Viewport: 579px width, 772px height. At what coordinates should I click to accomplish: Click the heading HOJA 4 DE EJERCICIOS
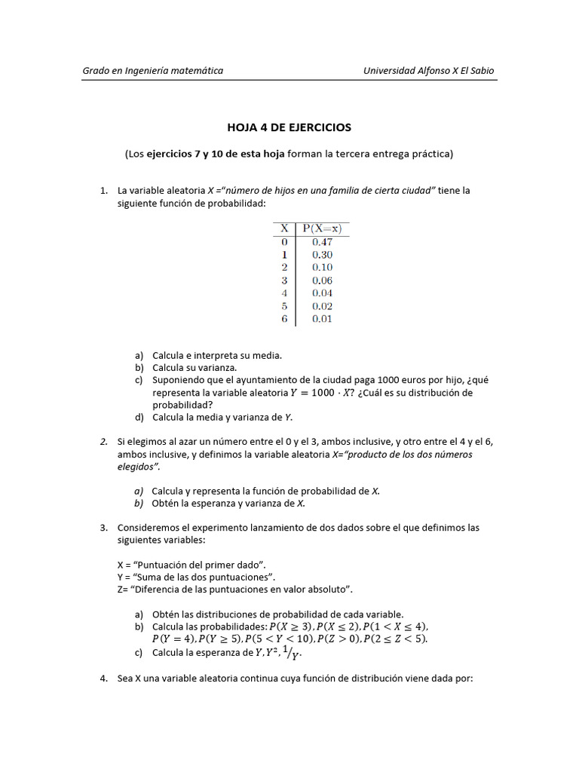[x=289, y=127]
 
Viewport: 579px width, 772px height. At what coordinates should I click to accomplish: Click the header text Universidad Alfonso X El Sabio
[x=429, y=71]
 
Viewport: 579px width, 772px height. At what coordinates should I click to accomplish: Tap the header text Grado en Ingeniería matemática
[x=152, y=71]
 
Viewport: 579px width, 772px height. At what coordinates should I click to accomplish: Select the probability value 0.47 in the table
[x=322, y=242]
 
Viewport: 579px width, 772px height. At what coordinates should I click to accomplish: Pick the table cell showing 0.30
[x=322, y=255]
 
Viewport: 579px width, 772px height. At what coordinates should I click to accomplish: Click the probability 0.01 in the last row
[x=322, y=319]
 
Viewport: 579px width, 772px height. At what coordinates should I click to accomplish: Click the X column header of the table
[x=284, y=228]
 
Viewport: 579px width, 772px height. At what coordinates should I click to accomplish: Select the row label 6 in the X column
[x=284, y=319]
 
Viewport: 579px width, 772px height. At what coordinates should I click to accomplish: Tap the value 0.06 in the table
[x=322, y=280]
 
